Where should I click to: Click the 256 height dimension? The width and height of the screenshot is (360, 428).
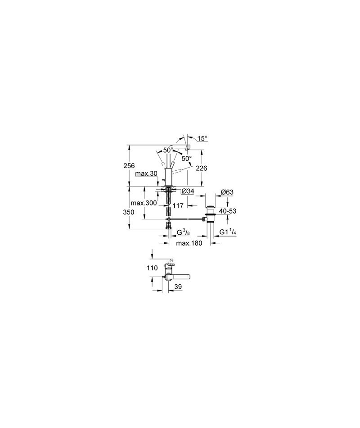[x=128, y=166]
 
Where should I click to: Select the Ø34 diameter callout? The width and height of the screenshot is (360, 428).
[x=188, y=192]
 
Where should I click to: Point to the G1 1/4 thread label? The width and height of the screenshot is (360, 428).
[x=228, y=232]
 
